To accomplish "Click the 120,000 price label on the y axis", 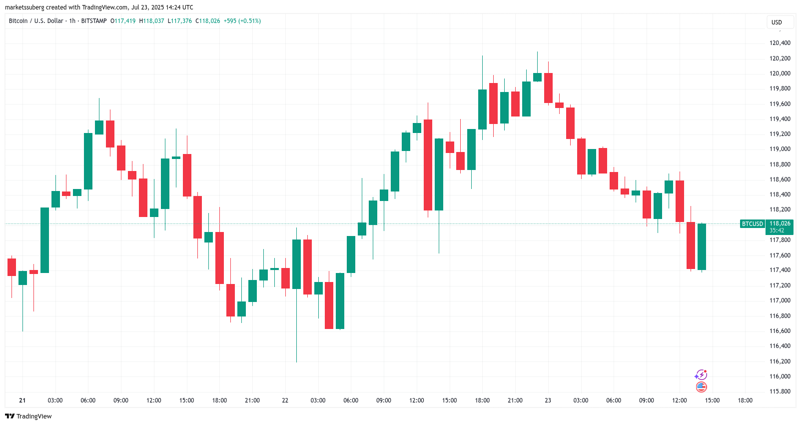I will click(780, 73).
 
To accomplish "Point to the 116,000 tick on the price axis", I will click(780, 376).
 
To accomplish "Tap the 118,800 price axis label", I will click(780, 164).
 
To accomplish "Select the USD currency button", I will click(777, 22).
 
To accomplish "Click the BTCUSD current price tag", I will click(752, 224).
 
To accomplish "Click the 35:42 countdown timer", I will click(777, 230).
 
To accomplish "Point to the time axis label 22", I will click(285, 400).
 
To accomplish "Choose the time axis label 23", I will click(548, 400).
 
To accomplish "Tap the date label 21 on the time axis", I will click(22, 400).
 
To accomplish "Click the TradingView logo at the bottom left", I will click(28, 416).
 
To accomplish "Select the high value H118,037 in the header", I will click(151, 21).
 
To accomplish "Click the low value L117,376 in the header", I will click(179, 21).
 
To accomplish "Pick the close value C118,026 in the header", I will click(207, 21).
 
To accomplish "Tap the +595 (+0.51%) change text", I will click(242, 21).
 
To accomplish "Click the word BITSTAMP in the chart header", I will click(93, 21).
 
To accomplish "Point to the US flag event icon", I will click(701, 386).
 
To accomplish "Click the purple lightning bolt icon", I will click(701, 375).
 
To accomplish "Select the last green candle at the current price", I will click(702, 247).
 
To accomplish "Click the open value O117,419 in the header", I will click(123, 21).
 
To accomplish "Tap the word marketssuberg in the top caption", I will click(24, 7).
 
